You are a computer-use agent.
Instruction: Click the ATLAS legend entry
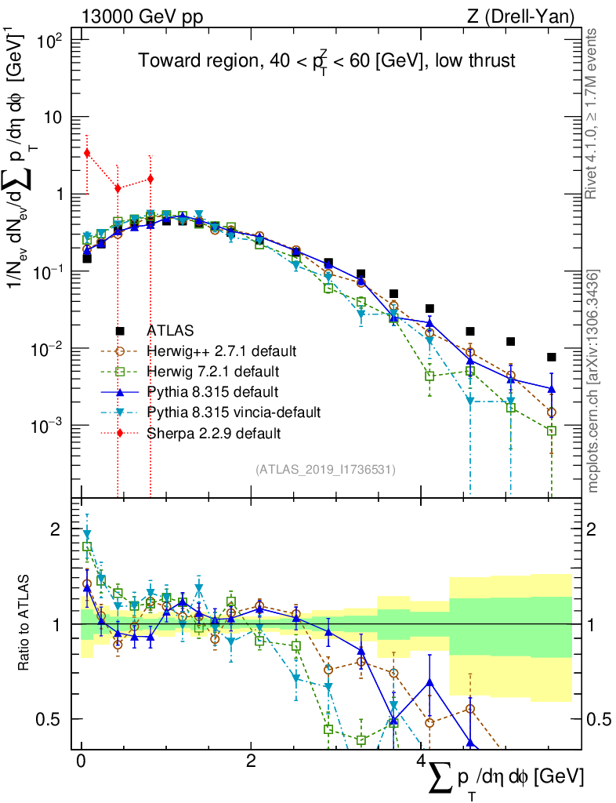168,330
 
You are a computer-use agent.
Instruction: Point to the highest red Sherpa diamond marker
87,153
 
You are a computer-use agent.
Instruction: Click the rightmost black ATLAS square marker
552,357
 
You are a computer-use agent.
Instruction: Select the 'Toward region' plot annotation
327,61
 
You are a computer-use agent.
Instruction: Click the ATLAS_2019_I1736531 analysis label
325,470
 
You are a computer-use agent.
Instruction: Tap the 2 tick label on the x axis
250,761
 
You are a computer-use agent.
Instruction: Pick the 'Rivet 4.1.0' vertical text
593,114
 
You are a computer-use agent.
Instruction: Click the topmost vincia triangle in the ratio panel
87,534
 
